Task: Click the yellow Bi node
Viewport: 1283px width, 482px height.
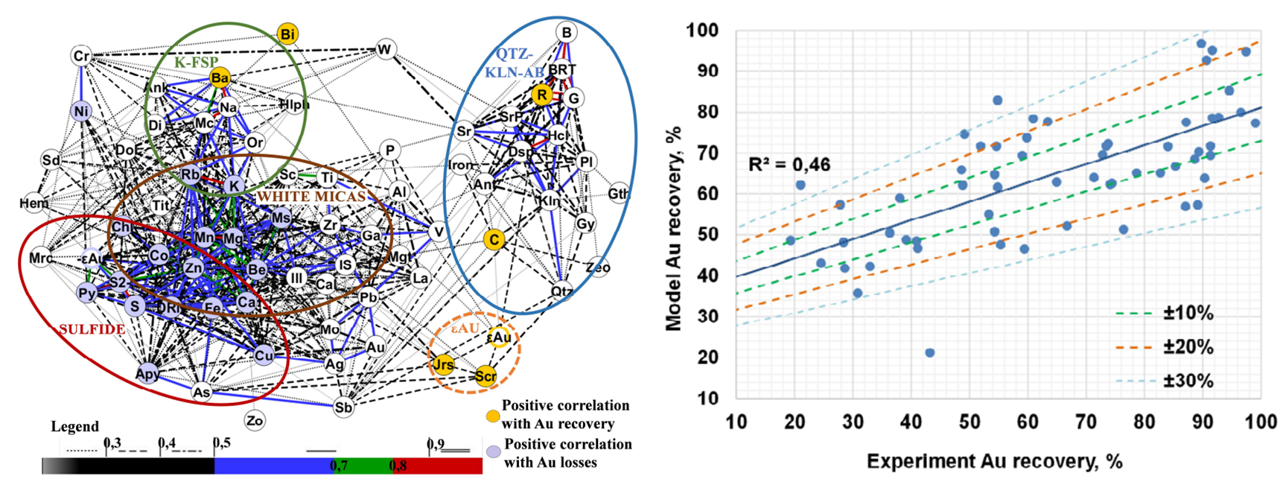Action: pyautogui.click(x=287, y=34)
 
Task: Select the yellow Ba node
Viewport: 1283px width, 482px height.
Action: pyautogui.click(x=220, y=77)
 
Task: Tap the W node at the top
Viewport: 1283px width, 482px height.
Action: pyautogui.click(x=385, y=50)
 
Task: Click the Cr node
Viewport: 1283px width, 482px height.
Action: pyautogui.click(x=81, y=56)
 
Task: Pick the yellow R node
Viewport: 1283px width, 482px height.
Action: pyautogui.click(x=542, y=95)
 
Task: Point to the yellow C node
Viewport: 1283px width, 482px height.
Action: pyautogui.click(x=494, y=239)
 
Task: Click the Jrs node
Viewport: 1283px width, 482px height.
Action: pyautogui.click(x=443, y=364)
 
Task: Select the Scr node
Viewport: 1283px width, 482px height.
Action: pyautogui.click(x=485, y=375)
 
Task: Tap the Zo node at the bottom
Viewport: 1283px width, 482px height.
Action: pyautogui.click(x=255, y=421)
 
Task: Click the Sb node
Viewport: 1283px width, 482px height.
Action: pyautogui.click(x=343, y=408)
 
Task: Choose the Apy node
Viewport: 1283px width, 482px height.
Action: pyautogui.click(x=147, y=374)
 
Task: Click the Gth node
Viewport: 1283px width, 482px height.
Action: pyautogui.click(x=618, y=194)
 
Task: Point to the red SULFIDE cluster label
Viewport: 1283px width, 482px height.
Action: pyautogui.click(x=92, y=329)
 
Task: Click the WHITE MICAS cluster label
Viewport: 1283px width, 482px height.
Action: pyautogui.click(x=311, y=197)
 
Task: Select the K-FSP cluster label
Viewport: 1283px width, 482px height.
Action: pyautogui.click(x=197, y=63)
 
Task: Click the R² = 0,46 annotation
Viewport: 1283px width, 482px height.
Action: pyautogui.click(x=789, y=164)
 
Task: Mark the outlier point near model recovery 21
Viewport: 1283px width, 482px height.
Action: pyautogui.click(x=929, y=352)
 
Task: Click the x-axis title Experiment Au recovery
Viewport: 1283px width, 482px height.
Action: pyautogui.click(x=994, y=462)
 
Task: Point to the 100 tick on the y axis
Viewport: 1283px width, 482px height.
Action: pyautogui.click(x=703, y=31)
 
